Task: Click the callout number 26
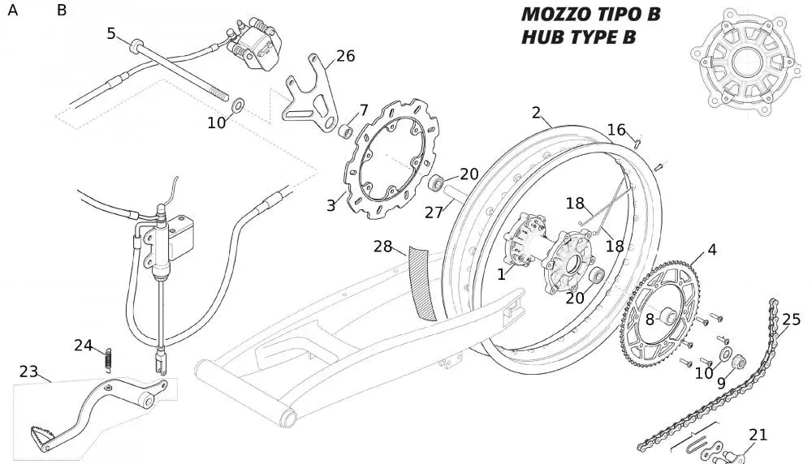click(x=346, y=56)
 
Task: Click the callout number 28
click(x=383, y=246)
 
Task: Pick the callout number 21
click(x=758, y=436)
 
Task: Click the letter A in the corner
click(x=13, y=11)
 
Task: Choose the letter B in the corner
click(x=63, y=11)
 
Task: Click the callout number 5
click(x=112, y=33)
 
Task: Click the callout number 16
click(x=617, y=130)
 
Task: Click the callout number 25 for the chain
click(x=791, y=320)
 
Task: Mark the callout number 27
click(x=434, y=213)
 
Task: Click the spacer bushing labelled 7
click(x=345, y=130)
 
